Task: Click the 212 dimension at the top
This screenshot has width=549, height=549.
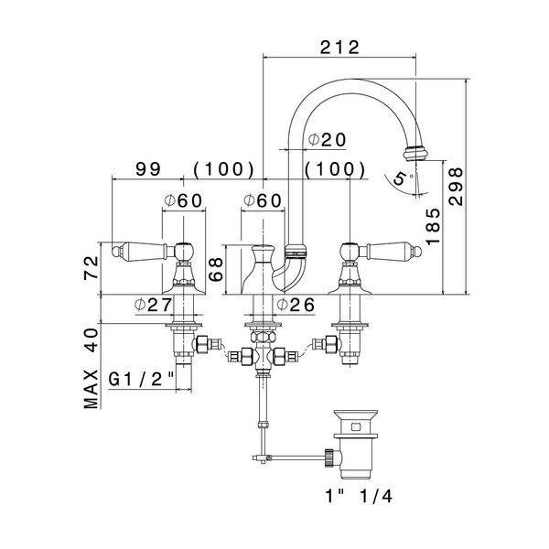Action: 339,48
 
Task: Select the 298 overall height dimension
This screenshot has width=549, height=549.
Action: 456,187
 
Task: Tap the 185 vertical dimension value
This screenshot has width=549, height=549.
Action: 433,227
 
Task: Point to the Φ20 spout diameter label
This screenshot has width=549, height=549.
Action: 327,140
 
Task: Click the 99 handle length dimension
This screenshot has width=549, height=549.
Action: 148,169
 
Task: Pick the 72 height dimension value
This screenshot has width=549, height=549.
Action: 91,267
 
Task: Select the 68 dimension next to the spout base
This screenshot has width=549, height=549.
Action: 216,269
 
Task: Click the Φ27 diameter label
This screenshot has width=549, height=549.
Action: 154,305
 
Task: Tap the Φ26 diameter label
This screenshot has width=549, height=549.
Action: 296,305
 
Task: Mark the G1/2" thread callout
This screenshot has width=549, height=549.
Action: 141,379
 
